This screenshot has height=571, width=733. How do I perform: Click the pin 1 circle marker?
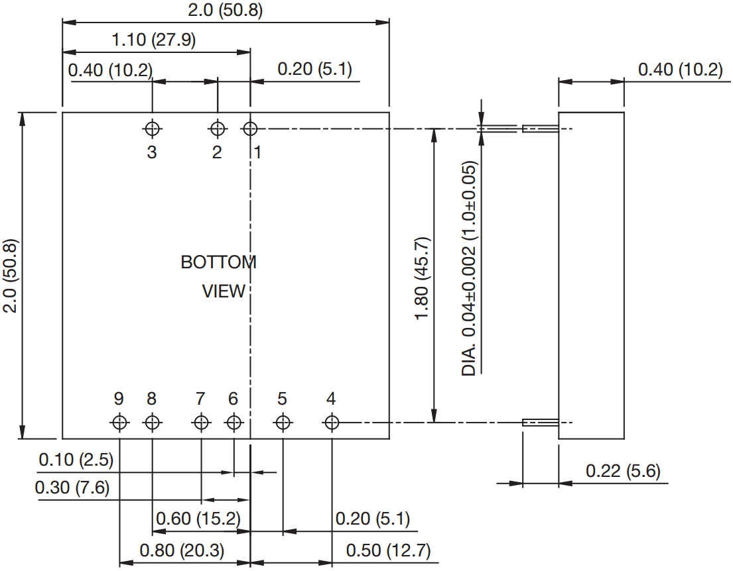(x=250, y=128)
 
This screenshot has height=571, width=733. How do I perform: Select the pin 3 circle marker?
(x=153, y=128)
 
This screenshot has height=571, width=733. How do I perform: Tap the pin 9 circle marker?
(x=119, y=422)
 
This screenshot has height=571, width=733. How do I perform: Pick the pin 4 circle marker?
(x=332, y=422)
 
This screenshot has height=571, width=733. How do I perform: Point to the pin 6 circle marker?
(x=233, y=422)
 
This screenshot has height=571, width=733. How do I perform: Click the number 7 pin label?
(x=200, y=399)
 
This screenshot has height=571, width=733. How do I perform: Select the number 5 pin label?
(x=283, y=399)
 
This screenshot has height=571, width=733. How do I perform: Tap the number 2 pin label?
(x=217, y=152)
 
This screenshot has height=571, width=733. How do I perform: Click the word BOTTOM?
(x=218, y=262)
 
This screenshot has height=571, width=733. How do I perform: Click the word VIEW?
(x=224, y=291)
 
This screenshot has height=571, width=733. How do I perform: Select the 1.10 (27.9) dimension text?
(x=153, y=40)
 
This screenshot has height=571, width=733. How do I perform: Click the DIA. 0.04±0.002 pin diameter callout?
(x=470, y=268)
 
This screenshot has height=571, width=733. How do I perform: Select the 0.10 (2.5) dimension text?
(x=76, y=459)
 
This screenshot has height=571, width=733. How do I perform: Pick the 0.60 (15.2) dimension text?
(x=198, y=517)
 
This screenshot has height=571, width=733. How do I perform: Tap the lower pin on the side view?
(x=540, y=423)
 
